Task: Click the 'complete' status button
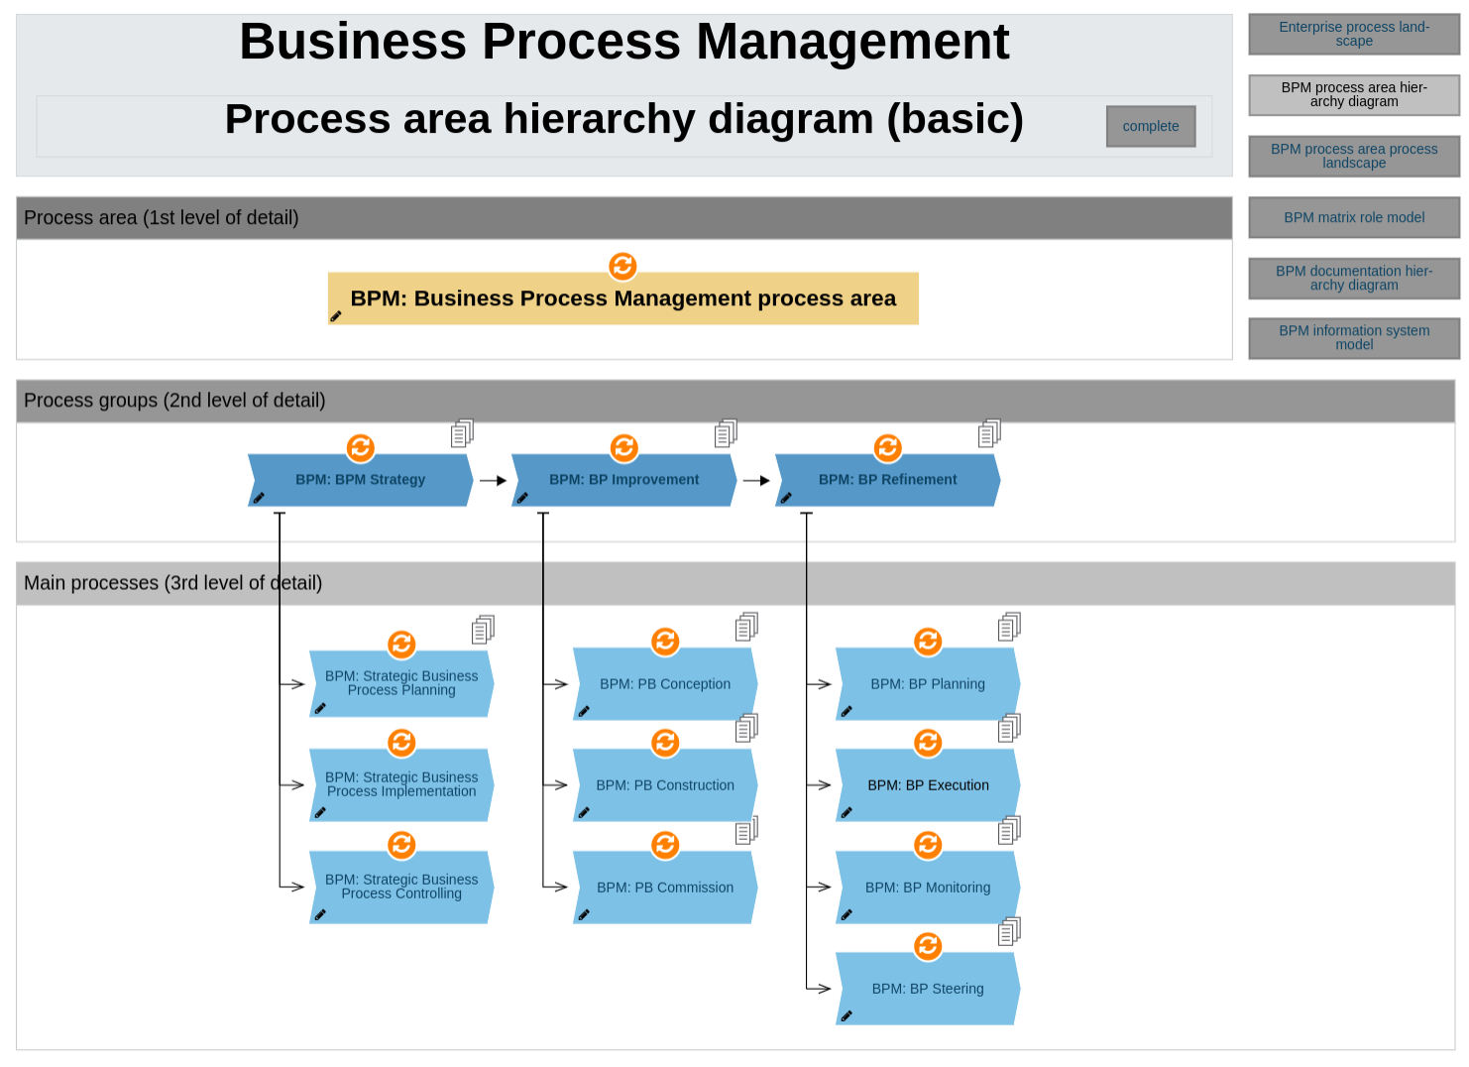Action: pos(1150,127)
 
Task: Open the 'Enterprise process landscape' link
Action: pos(1353,35)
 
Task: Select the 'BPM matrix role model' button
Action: pos(1353,218)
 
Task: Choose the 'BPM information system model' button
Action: pos(1353,338)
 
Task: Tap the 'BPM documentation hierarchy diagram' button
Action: pos(1353,279)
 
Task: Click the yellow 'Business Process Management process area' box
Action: pos(622,298)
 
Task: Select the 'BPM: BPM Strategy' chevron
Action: pos(360,480)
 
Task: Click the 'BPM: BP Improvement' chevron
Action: pos(623,480)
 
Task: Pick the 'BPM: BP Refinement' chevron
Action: pos(887,480)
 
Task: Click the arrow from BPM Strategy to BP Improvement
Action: pos(493,481)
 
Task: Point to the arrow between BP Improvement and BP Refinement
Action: pos(756,481)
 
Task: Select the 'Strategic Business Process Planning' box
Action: pos(401,684)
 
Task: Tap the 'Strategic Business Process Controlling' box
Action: pos(401,888)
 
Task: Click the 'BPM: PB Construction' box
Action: pos(665,785)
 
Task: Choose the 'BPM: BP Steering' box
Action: pos(928,989)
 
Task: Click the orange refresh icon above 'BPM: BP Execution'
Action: pos(928,743)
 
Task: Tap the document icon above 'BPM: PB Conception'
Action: pos(746,627)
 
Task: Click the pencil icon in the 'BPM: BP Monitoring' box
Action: pos(847,914)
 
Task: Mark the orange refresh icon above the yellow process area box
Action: pos(622,266)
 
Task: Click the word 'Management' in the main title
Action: pos(852,43)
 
